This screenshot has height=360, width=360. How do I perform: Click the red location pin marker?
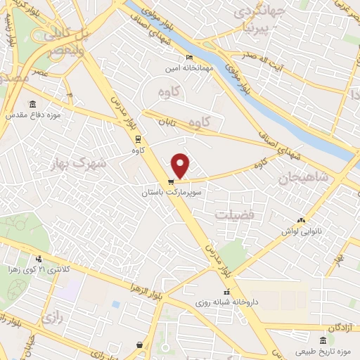tap(181, 165)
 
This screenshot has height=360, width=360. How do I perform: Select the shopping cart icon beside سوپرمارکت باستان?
tap(171, 182)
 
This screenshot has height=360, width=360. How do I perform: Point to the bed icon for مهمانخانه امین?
tap(188, 58)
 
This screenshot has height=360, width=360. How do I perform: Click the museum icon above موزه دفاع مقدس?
tap(32, 103)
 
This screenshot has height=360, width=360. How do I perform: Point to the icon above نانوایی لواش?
tap(302, 221)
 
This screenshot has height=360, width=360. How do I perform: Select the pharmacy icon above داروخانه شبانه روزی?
tap(226, 292)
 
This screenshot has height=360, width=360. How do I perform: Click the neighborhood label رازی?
tap(52, 317)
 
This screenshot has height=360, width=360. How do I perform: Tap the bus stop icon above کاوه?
tap(137, 139)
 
